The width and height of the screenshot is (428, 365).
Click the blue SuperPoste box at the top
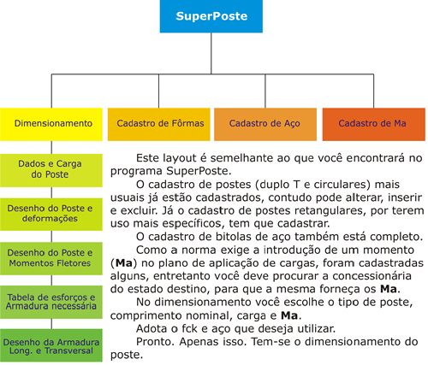point(211,16)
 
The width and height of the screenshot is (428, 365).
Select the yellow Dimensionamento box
point(51,124)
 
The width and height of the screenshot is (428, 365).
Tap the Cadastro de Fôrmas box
point(159,124)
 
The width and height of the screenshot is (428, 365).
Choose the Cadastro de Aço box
point(265,124)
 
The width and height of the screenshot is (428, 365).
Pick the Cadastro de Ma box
point(374,124)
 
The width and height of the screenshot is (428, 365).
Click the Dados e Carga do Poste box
point(51,170)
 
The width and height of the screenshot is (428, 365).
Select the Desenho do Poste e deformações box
point(51,215)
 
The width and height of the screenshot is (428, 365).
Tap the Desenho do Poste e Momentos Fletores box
point(51,258)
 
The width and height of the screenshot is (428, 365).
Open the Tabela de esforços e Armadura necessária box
point(51,302)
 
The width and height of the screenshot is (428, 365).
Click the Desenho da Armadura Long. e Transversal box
point(51,345)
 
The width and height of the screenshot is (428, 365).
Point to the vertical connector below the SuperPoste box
point(211,54)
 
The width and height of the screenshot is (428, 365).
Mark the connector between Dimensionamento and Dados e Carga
point(51,147)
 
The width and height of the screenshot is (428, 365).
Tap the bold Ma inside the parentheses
point(124,263)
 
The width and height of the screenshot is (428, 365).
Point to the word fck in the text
point(190,328)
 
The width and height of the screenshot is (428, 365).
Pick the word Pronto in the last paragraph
point(155,342)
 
